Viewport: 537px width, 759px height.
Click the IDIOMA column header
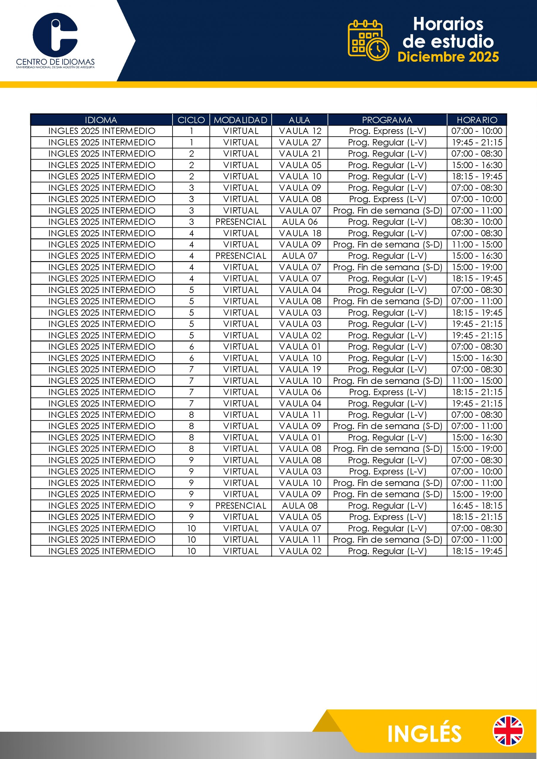click(x=101, y=120)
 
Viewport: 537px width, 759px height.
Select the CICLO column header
click(x=191, y=120)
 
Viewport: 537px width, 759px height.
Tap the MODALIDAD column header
click(x=240, y=120)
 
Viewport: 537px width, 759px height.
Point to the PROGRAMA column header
click(x=387, y=120)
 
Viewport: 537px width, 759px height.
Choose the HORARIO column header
click(x=477, y=120)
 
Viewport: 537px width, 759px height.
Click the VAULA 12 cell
click(x=300, y=131)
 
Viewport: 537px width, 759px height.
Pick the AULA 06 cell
click(x=300, y=222)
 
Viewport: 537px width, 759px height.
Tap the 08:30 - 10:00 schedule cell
click(x=477, y=222)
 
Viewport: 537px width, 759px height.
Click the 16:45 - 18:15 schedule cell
click(x=477, y=506)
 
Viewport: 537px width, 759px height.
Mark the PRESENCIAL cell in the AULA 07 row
click(x=240, y=256)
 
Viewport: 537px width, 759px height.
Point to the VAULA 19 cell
click(x=300, y=369)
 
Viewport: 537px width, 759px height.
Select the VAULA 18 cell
click(x=300, y=233)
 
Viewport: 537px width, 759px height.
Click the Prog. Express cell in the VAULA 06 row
click(x=387, y=392)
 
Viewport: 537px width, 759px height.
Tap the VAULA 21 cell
click(x=300, y=154)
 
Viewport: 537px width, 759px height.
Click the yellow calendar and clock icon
click(x=368, y=40)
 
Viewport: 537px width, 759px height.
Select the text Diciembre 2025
click(x=448, y=57)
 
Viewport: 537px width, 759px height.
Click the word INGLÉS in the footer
click(x=424, y=734)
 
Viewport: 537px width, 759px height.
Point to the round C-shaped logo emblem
click(x=55, y=35)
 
